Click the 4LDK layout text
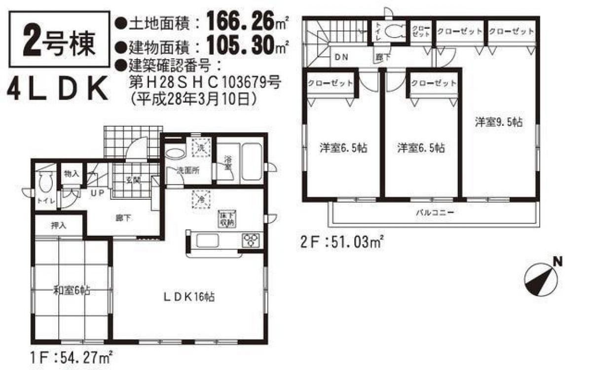[58, 89]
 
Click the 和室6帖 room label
[72, 291]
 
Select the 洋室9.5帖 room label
[498, 122]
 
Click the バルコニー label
[434, 213]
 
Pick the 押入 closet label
[58, 226]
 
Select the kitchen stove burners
[251, 240]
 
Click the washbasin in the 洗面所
[174, 153]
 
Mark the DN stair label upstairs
[341, 57]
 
